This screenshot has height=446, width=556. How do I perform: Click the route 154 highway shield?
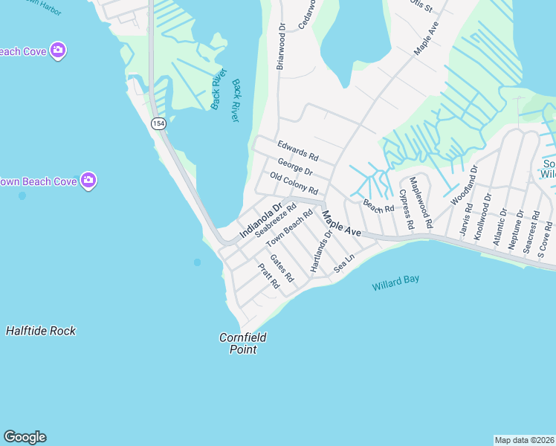[x=158, y=123]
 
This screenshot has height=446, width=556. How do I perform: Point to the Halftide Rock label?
[x=41, y=331]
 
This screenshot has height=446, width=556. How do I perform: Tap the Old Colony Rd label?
[x=294, y=183]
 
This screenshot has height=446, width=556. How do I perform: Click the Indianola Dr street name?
[x=261, y=221]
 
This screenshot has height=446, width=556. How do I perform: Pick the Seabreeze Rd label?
[x=276, y=220]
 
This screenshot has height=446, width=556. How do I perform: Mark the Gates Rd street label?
[x=282, y=268]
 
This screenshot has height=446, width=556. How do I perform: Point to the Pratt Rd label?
[x=268, y=276]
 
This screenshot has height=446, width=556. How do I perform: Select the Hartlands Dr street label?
[x=320, y=251]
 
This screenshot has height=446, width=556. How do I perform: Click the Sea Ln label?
[x=344, y=263]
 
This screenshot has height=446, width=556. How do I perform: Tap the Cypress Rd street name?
[x=406, y=210]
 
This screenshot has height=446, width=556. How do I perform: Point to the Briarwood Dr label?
[x=281, y=46]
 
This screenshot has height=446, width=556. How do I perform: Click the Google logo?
[x=25, y=437]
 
